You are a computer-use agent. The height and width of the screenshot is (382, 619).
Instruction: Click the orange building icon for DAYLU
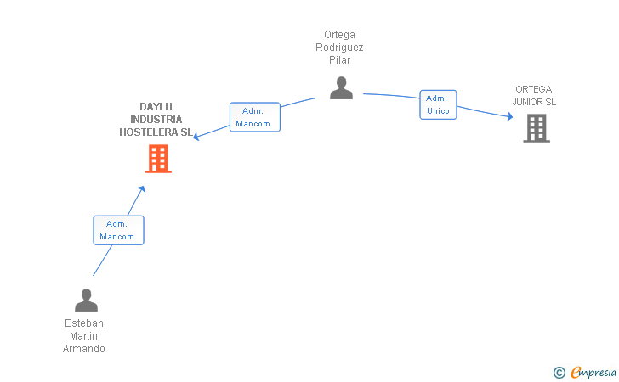[158, 159]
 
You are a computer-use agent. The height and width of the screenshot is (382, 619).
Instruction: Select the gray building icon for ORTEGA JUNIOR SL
[537, 128]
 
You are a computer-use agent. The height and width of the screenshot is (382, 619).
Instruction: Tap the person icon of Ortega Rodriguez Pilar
[341, 88]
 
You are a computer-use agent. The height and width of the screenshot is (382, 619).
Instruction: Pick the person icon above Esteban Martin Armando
[86, 300]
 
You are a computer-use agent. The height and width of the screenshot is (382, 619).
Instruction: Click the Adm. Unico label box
[438, 104]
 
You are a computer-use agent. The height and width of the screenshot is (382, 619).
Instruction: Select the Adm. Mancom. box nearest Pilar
[255, 117]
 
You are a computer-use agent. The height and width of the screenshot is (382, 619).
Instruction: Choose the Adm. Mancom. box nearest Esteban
[118, 230]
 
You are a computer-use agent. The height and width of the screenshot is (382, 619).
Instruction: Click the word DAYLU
[156, 107]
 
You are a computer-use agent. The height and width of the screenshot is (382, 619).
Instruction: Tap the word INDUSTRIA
[156, 120]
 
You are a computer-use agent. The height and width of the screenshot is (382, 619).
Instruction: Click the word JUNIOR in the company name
[527, 102]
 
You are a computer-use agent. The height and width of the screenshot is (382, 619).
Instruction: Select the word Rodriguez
[339, 48]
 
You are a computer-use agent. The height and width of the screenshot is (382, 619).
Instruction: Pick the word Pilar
[340, 60]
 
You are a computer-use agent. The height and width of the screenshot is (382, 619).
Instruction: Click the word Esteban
[84, 323]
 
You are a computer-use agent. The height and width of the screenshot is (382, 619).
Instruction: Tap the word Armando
[83, 349]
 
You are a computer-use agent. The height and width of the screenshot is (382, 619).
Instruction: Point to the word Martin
[83, 336]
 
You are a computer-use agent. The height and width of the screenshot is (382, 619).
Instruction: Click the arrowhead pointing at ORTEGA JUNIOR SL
[510, 116]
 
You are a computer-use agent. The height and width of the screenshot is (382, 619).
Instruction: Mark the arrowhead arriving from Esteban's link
[142, 188]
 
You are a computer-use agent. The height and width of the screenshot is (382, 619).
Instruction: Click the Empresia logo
[593, 372]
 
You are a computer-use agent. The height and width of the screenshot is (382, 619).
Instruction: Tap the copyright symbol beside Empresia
[559, 373]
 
